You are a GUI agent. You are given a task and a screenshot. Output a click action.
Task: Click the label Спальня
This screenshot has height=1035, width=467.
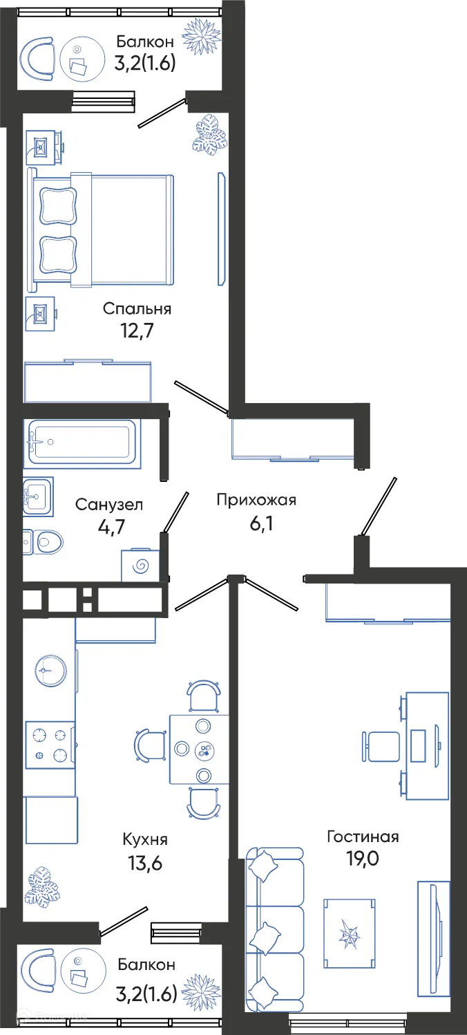click(x=137, y=308)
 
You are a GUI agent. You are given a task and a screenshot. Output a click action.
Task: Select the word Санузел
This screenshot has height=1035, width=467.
click(x=109, y=504)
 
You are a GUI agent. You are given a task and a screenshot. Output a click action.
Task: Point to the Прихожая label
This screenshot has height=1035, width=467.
click(x=256, y=500)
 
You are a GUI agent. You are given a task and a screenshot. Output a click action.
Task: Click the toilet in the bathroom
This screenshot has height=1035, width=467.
click(x=43, y=541)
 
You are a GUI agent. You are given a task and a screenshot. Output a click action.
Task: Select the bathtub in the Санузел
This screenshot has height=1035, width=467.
click(x=81, y=441)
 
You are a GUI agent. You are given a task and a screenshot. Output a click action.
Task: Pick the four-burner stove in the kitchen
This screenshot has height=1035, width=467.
click(x=50, y=745)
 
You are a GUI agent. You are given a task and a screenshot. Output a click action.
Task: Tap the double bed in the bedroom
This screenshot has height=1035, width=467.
click(x=100, y=230)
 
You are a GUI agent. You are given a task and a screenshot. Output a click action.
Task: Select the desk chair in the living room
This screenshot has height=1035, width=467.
click(x=382, y=746)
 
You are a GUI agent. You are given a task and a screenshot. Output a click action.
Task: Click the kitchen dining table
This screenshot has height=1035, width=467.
click(x=200, y=749)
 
